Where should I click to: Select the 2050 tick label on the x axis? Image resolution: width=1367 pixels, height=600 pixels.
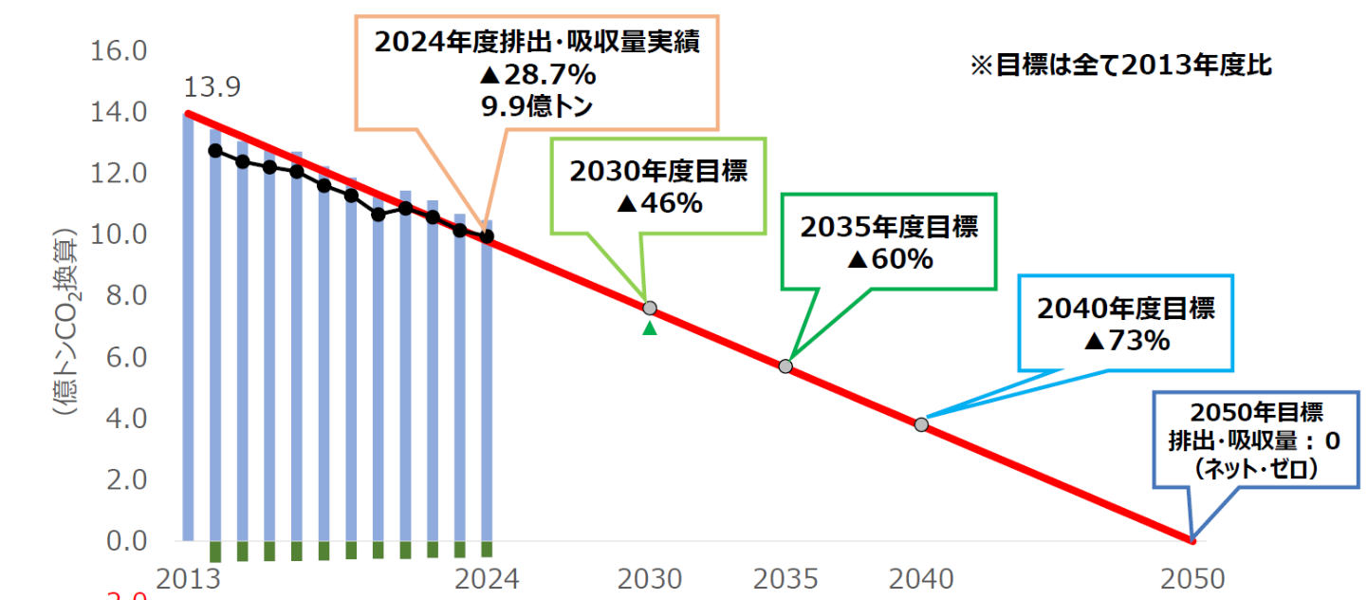click(1193, 578)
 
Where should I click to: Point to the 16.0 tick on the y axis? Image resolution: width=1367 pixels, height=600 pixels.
click(118, 50)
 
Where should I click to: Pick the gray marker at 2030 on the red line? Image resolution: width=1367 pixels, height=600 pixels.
click(650, 308)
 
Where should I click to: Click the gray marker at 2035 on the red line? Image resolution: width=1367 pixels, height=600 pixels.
click(785, 366)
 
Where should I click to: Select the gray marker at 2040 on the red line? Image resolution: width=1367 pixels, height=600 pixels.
click(921, 423)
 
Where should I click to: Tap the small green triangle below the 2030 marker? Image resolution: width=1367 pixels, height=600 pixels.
click(650, 328)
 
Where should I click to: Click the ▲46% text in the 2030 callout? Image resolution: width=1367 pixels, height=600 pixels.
click(658, 203)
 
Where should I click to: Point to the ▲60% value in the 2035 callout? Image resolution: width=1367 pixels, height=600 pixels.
click(889, 258)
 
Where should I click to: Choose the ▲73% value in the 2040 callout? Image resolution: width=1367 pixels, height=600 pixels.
click(1126, 340)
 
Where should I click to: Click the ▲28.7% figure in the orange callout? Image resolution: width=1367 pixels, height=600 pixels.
click(537, 74)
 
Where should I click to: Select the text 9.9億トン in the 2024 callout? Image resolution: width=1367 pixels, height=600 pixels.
click(537, 104)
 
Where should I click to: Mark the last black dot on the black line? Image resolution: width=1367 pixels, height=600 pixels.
click(488, 236)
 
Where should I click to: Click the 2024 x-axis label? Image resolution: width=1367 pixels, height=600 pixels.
click(487, 578)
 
